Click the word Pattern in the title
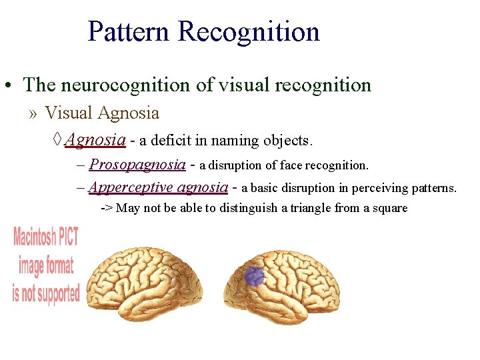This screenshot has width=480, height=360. point(130,32)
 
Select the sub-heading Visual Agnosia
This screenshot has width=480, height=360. point(102,113)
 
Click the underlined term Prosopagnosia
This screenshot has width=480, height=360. point(137,164)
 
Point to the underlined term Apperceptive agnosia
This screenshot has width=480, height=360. point(158,187)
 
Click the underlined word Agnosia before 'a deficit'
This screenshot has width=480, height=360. point(95,140)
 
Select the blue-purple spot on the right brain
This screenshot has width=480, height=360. point(255,276)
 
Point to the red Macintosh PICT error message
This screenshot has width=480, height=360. point(46,265)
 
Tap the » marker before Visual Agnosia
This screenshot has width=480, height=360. point(33,113)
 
